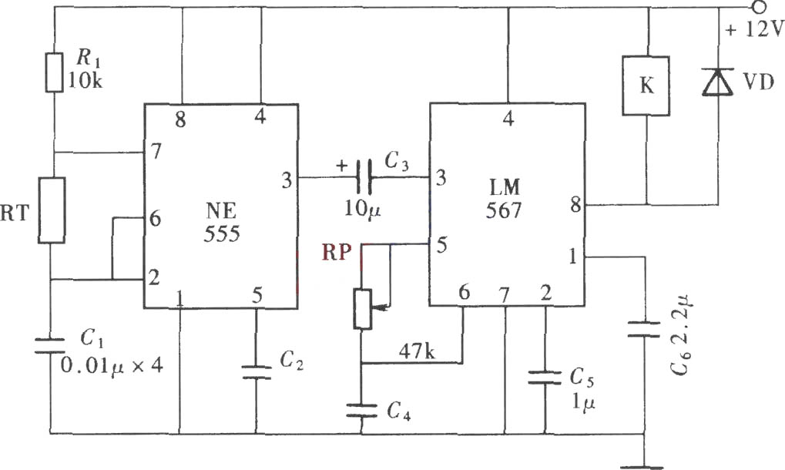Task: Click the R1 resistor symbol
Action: tap(55, 72)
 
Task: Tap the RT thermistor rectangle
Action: tap(52, 210)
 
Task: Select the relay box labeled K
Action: tap(646, 86)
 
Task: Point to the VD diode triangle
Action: tap(718, 82)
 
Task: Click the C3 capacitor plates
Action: tap(364, 177)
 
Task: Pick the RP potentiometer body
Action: tap(363, 309)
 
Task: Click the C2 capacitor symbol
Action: tap(256, 372)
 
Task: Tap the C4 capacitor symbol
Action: tap(361, 410)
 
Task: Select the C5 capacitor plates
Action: tap(545, 378)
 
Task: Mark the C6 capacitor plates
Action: tap(644, 329)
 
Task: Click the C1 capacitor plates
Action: tap(50, 345)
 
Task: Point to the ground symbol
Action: tap(642, 467)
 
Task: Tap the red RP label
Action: tap(337, 252)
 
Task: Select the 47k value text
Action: tap(417, 351)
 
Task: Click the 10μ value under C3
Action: tap(362, 209)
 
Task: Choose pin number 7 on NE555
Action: tap(156, 151)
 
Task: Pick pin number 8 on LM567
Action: tap(575, 205)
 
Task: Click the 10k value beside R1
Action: tap(85, 81)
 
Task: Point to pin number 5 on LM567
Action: tap(441, 245)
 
